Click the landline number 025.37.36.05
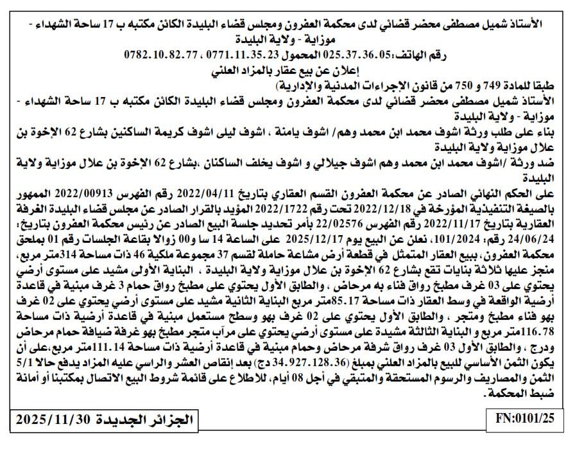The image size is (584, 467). click(356, 55)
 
